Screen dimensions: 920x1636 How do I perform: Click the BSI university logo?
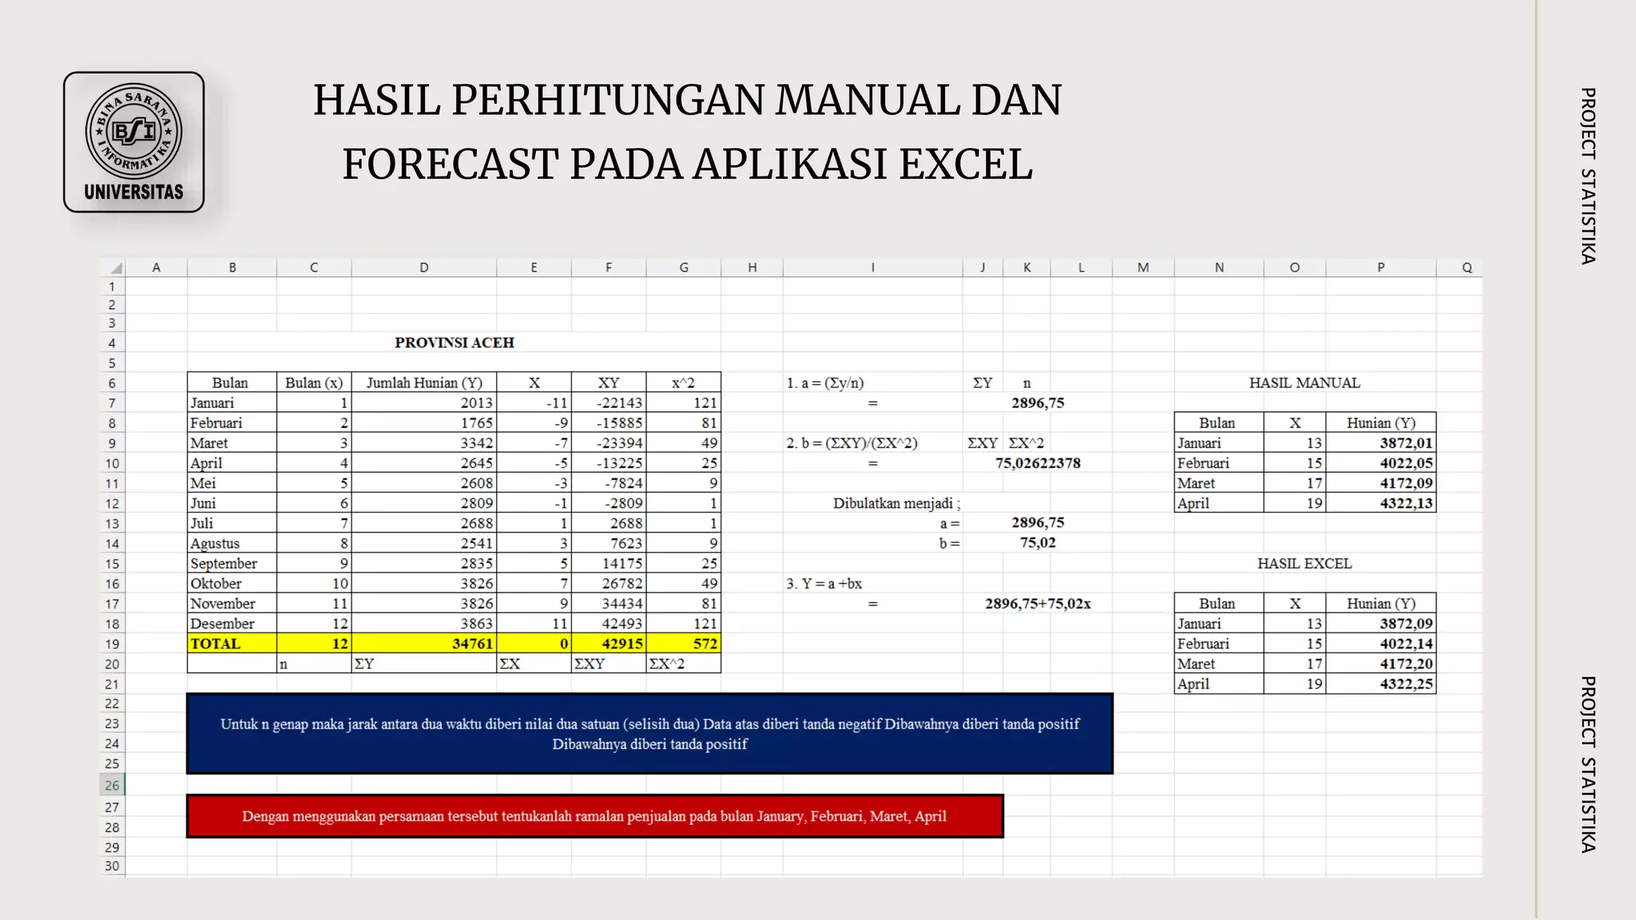[x=133, y=142]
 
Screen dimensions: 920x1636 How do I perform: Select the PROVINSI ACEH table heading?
[x=454, y=343]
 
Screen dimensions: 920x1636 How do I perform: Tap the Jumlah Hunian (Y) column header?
[x=424, y=383]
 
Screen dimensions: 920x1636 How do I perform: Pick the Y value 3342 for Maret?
[x=476, y=443]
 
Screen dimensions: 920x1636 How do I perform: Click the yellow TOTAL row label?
[x=215, y=644]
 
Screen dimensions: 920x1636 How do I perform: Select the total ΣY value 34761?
[x=472, y=644]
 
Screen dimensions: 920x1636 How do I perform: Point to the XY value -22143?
[x=619, y=403]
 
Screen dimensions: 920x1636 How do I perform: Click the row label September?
[x=224, y=564]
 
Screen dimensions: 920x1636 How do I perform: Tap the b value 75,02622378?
[x=1038, y=463]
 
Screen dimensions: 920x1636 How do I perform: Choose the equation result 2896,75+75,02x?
[x=1038, y=604]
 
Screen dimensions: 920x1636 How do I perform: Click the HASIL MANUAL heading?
[x=1304, y=383]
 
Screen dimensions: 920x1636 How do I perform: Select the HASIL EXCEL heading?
[x=1304, y=564]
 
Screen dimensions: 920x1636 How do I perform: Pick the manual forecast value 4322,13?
[x=1406, y=504]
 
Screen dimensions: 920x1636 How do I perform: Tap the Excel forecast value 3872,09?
[x=1406, y=624]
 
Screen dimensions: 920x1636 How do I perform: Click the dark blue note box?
[x=649, y=734]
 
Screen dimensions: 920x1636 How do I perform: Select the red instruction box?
[x=594, y=816]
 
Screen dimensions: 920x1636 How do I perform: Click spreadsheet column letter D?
[x=424, y=268]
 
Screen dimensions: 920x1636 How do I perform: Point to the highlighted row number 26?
[x=112, y=785]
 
